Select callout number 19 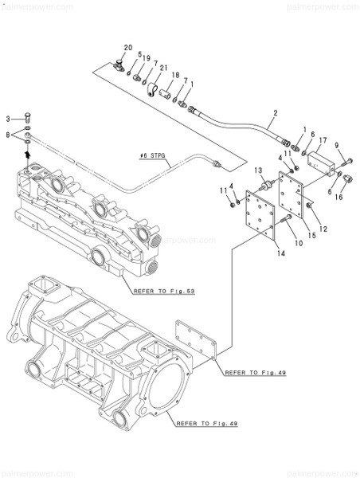(147, 58)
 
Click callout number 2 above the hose (275, 113)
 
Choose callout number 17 (323, 140)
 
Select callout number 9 (337, 146)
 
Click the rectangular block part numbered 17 (325, 163)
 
